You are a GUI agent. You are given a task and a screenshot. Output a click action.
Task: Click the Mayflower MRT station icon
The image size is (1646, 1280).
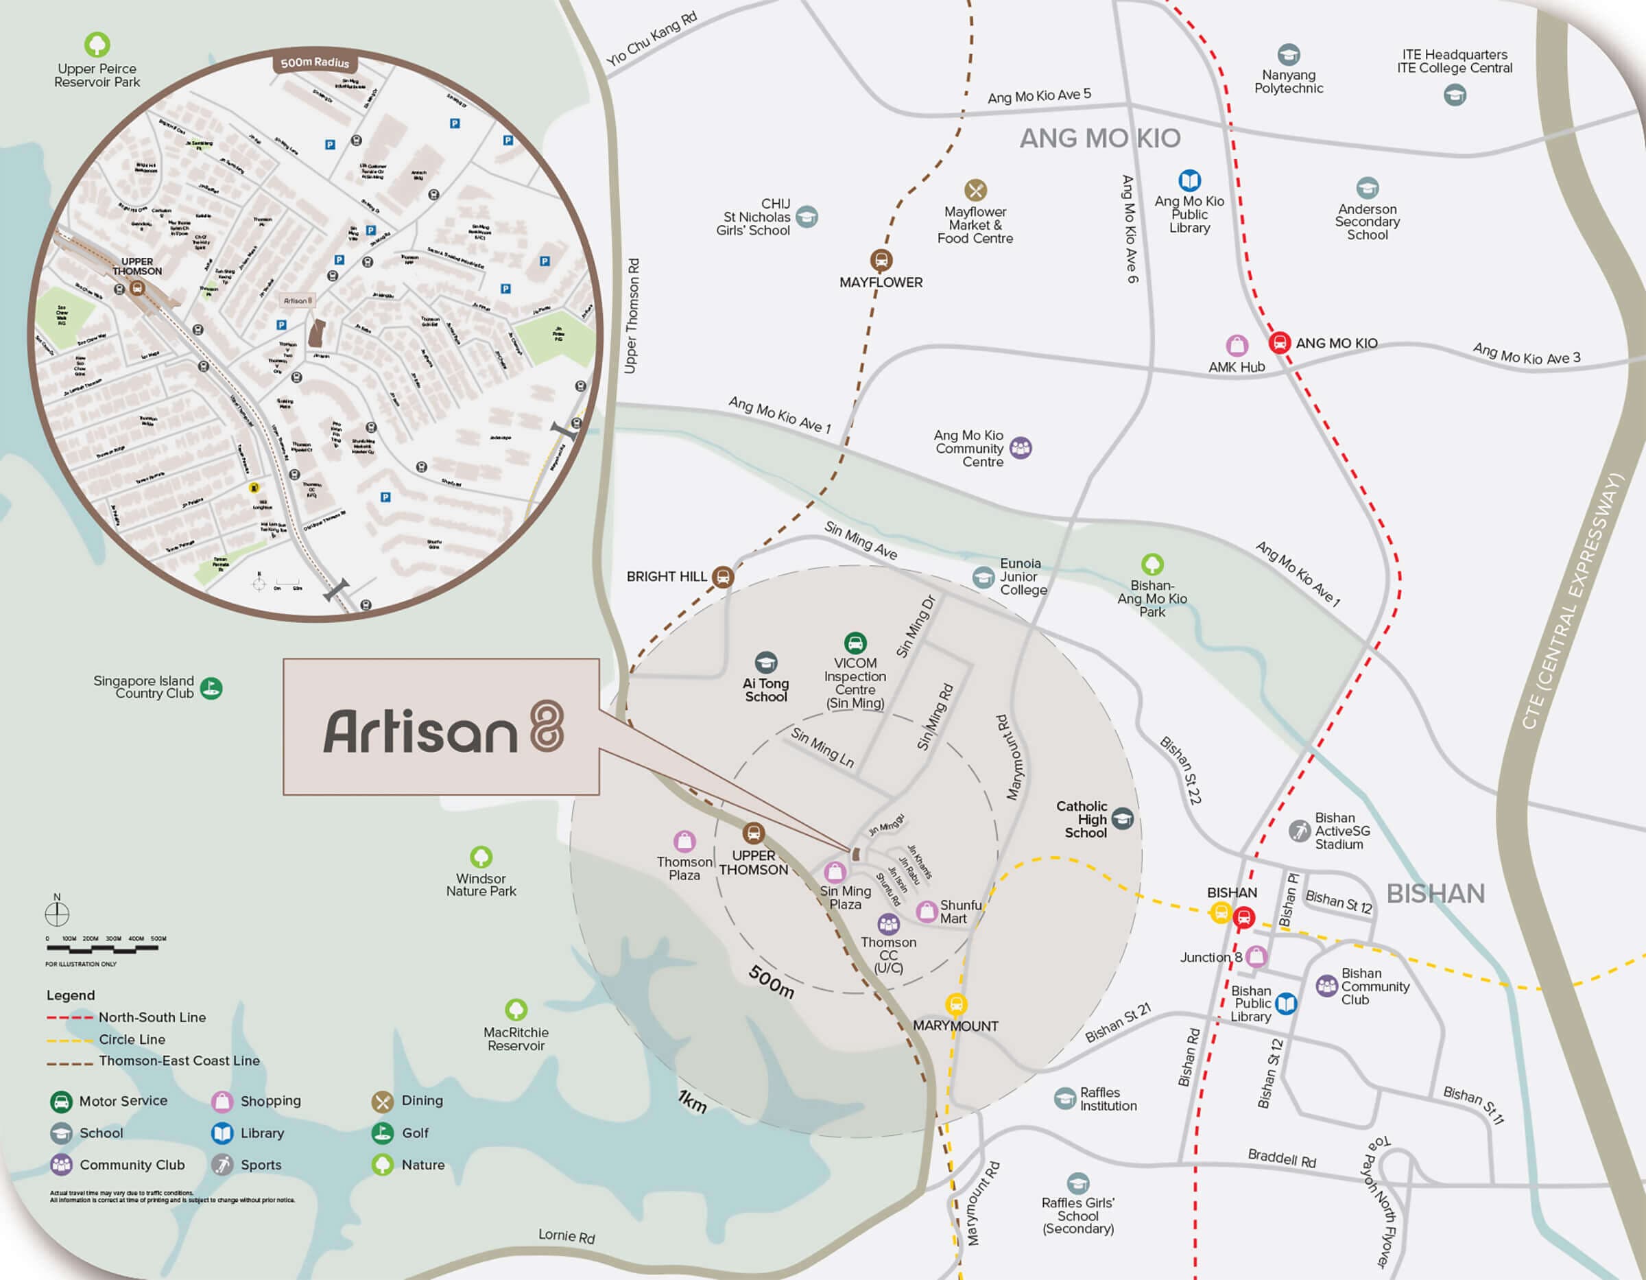881,260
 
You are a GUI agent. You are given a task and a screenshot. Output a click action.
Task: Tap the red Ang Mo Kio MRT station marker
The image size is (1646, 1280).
1279,342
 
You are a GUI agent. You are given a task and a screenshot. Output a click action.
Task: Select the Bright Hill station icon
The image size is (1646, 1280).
723,577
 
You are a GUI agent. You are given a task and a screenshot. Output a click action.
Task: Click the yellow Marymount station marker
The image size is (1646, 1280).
955,1004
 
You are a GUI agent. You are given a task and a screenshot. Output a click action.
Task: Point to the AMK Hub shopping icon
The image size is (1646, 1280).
1237,345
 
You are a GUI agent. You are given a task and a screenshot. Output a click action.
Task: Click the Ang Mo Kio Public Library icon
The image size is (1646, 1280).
1189,180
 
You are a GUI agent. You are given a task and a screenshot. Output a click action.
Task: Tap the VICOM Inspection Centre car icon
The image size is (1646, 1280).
855,643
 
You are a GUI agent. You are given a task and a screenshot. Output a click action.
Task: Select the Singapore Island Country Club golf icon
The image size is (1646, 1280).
211,687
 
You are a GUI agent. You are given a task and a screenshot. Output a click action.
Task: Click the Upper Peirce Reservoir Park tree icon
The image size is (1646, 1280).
97,45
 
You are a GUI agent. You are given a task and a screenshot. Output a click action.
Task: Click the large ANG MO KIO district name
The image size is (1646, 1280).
1099,139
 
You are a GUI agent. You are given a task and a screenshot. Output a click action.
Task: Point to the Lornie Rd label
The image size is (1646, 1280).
566,1235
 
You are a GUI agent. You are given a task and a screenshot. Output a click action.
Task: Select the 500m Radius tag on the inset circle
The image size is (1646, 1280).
315,62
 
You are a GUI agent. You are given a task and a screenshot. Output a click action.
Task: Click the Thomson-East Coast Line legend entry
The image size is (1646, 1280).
178,1060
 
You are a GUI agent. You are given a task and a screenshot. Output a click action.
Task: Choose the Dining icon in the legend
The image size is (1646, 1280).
382,1102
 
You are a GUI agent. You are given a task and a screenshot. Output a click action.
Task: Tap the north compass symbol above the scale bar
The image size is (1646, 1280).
56,913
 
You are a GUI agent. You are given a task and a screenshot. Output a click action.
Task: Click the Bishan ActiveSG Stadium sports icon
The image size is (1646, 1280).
1298,831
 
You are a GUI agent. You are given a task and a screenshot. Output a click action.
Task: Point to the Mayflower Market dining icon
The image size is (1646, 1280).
975,190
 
